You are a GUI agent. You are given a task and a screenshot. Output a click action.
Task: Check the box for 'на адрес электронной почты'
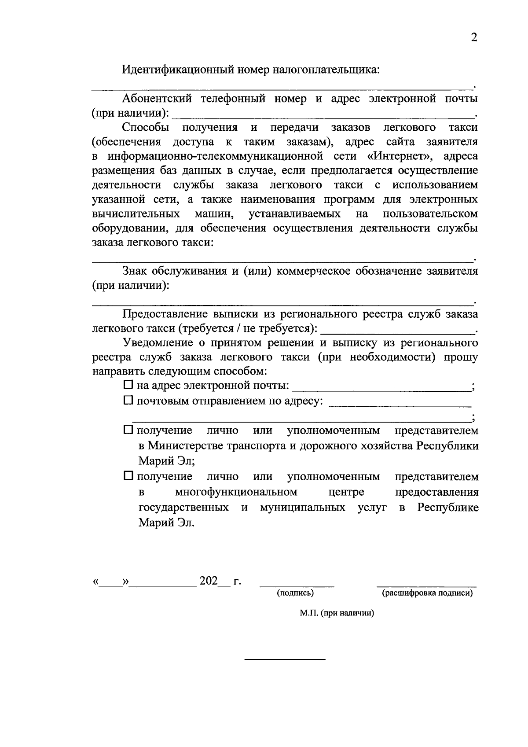(x=128, y=385)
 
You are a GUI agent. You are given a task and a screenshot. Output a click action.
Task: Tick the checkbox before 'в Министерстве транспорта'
(x=128, y=430)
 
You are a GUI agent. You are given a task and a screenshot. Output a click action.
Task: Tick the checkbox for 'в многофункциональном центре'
(x=128, y=476)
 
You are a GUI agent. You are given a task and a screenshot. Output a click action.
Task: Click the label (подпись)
(x=295, y=593)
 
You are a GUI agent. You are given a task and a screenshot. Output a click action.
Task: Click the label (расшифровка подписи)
(x=427, y=593)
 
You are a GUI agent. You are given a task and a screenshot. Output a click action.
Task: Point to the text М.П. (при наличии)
(x=337, y=613)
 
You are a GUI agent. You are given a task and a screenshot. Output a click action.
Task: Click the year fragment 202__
(x=214, y=581)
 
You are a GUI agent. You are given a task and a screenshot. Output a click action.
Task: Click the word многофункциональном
(x=236, y=492)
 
